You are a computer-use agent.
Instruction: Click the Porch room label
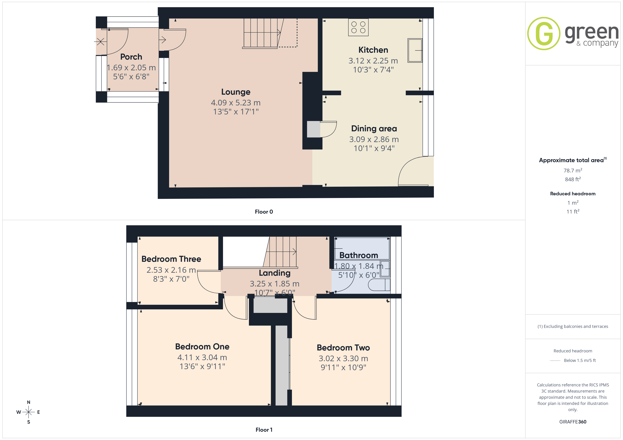click(131, 57)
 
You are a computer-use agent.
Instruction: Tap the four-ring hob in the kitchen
click(358, 27)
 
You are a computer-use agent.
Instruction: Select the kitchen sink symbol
click(415, 50)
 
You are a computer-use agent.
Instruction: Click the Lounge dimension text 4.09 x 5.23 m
click(236, 103)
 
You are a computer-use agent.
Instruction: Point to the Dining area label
click(374, 129)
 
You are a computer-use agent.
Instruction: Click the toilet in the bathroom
click(379, 285)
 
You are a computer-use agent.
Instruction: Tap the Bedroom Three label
click(171, 259)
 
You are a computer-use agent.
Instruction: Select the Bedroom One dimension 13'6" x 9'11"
click(202, 366)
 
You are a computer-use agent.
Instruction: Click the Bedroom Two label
click(343, 348)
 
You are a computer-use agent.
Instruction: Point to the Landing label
click(275, 273)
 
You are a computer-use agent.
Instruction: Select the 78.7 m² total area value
click(573, 170)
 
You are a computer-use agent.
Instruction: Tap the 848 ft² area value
click(573, 179)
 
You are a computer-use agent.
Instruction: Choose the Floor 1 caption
click(264, 430)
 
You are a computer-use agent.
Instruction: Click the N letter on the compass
click(28, 402)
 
